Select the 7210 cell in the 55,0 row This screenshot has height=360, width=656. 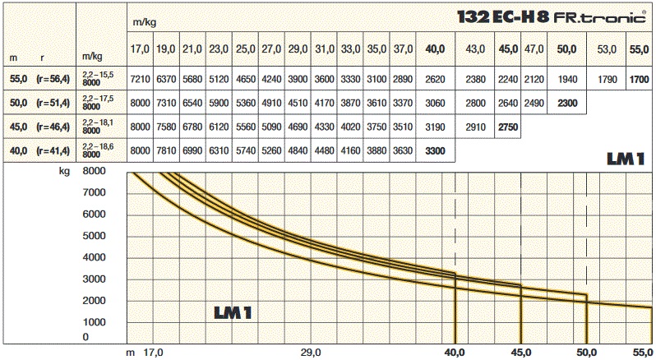point(141,81)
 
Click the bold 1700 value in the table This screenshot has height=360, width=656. point(639,81)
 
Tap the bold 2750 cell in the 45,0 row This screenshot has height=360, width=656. point(509,128)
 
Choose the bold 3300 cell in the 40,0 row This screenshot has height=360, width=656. point(435,152)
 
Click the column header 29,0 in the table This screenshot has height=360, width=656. point(298,49)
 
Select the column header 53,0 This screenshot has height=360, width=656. point(607,49)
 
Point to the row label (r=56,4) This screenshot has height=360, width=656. point(53,81)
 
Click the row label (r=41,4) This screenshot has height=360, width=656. point(53,152)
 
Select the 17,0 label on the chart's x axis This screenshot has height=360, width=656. point(153,353)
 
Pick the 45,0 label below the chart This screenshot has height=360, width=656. point(520,353)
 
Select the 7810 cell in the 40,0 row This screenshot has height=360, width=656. point(166,152)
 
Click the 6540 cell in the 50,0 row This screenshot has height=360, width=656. point(192,104)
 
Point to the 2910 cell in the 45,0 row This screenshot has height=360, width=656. point(475,128)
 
